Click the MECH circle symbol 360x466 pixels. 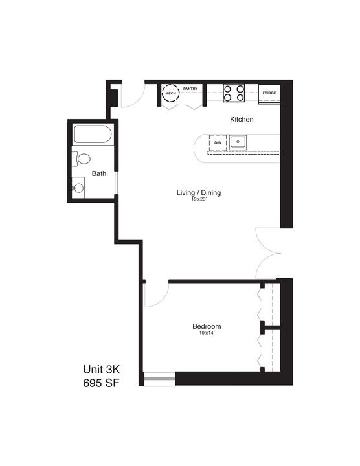pyautogui.click(x=171, y=94)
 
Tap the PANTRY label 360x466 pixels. pyautogui.click(x=190, y=89)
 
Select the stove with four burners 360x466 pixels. pyautogui.click(x=233, y=94)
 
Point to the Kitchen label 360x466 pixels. pyautogui.click(x=242, y=120)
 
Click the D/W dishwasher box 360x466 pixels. pyautogui.click(x=218, y=142)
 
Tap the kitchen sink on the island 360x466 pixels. pyautogui.click(x=238, y=141)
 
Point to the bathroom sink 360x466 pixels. pyautogui.click(x=78, y=188)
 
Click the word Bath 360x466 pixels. pyautogui.click(x=98, y=173)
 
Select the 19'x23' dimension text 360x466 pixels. pyautogui.click(x=199, y=201)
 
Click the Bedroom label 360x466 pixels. pyautogui.click(x=207, y=326)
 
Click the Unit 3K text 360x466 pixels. pyautogui.click(x=101, y=369)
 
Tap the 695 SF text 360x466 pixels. pyautogui.click(x=101, y=383)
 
